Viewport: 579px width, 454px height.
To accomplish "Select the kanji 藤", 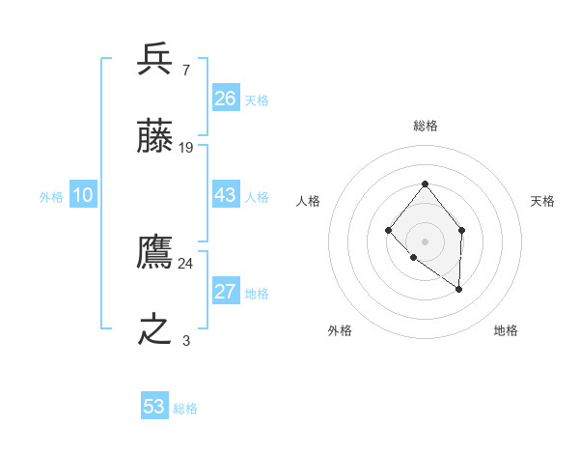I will [x=155, y=138].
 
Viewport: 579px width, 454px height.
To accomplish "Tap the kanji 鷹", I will [x=155, y=253].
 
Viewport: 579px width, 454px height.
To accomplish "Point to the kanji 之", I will [x=155, y=330].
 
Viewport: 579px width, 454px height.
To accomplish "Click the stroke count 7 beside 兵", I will [x=185, y=70].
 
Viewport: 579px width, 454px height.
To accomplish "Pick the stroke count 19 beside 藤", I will [x=186, y=148].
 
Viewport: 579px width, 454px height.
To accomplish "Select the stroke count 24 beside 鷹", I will [x=186, y=263].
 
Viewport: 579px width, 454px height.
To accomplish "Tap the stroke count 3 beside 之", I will [x=186, y=340].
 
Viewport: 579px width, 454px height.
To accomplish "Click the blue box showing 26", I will [x=226, y=99].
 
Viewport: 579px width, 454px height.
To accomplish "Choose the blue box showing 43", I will [x=226, y=195].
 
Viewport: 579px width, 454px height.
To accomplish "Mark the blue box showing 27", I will [x=226, y=292].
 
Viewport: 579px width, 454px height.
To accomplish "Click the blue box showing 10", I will [x=83, y=195].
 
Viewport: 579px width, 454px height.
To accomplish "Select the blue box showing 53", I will [x=154, y=407].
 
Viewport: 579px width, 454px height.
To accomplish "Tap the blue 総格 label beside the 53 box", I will [x=185, y=409].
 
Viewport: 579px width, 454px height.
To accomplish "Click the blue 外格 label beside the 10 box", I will [x=51, y=197].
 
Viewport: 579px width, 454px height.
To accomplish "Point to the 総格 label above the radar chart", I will [x=425, y=126].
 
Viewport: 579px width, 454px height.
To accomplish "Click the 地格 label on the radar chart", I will [x=506, y=330].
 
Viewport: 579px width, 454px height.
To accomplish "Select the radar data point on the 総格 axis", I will [x=425, y=184].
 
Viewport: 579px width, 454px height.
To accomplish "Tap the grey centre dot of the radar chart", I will [x=425, y=241].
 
